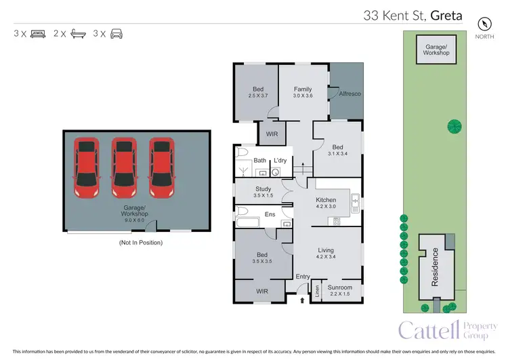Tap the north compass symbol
484,22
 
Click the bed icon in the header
38,33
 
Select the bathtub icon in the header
78,33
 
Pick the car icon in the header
117,33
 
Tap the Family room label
302,89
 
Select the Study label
263,189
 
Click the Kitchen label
326,200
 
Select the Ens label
270,215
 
